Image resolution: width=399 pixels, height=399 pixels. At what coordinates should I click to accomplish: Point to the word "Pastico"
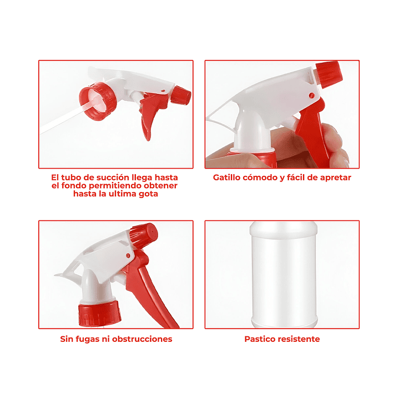click(x=262, y=339)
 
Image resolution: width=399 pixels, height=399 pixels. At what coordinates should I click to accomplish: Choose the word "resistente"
click(x=301, y=339)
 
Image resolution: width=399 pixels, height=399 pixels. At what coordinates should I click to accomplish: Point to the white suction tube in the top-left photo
click(x=61, y=122)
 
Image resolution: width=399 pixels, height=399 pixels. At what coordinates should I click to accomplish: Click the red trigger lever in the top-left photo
click(x=148, y=119)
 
